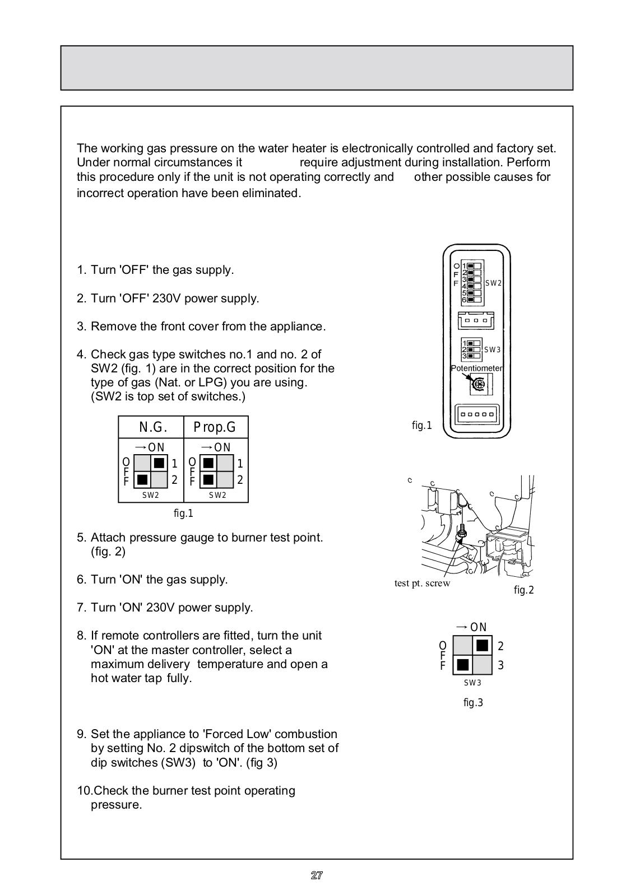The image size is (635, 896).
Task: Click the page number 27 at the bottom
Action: (317, 875)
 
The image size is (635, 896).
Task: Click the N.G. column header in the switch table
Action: (152, 427)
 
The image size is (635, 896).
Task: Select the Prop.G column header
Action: (215, 427)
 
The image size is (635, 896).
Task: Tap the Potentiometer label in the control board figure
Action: (476, 368)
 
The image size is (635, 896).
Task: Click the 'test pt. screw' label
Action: (422, 583)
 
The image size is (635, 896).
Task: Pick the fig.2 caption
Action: (523, 590)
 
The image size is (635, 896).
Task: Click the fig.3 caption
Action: (473, 703)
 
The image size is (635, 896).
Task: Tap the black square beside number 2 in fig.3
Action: (481, 646)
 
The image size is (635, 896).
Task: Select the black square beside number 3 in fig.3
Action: (463, 665)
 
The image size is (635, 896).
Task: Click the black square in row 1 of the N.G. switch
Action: (159, 463)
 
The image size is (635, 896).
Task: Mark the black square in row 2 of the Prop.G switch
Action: (208, 480)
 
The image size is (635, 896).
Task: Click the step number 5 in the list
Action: (81, 538)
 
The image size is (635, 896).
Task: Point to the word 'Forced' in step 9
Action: (251, 734)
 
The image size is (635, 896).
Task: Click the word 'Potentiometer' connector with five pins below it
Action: (476, 415)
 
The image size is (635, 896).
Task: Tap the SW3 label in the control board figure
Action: (492, 350)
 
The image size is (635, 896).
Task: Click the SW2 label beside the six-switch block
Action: (493, 283)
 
